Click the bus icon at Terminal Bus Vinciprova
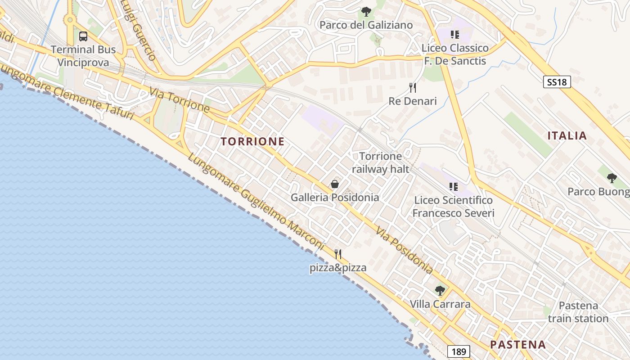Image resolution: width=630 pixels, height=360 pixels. click(83, 36)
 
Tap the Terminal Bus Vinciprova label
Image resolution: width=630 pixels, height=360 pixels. click(83, 56)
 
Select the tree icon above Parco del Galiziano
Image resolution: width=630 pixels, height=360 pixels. click(366, 12)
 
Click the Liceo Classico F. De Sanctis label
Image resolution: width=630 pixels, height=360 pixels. click(455, 54)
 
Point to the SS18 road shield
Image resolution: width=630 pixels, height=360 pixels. click(557, 82)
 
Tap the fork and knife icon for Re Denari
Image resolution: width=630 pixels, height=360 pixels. click(413, 88)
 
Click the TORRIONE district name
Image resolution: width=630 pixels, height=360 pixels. click(252, 141)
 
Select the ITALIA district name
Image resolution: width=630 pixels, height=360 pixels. click(567, 135)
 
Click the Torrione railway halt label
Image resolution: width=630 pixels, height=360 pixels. click(381, 162)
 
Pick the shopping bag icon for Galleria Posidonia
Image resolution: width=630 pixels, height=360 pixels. click(335, 184)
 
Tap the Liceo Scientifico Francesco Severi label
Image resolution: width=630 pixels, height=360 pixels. click(453, 207)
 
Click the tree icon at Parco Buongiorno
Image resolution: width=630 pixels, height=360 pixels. click(612, 178)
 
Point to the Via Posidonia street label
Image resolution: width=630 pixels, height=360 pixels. click(405, 250)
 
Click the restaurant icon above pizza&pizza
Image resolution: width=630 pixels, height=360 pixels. click(338, 254)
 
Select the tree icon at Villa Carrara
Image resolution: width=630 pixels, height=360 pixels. click(440, 291)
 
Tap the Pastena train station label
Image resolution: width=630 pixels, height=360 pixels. click(578, 312)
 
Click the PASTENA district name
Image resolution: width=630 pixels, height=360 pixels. click(517, 345)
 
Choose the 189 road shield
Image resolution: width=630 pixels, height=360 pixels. click(459, 351)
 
